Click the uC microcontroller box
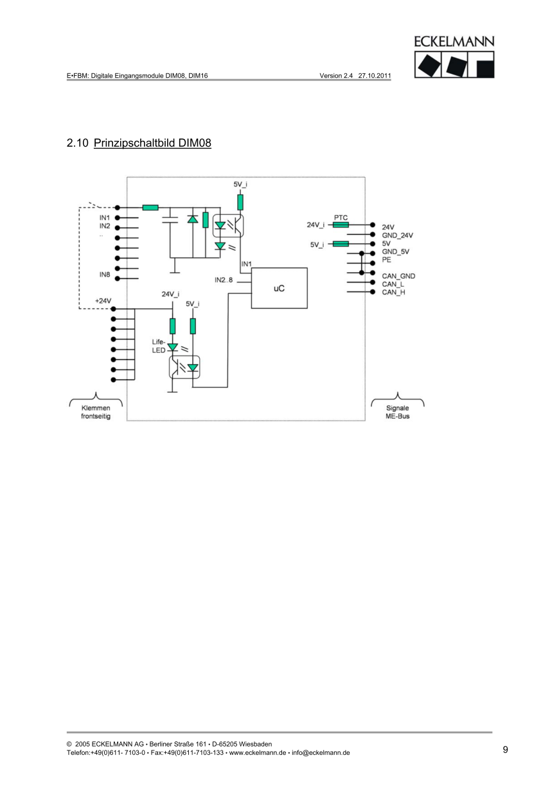pos(279,288)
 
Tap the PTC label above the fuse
pos(341,218)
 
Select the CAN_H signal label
pos(393,293)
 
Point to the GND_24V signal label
pos(398,235)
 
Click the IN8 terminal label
pos(104,275)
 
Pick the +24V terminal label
pos(103,301)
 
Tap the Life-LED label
pos(159,346)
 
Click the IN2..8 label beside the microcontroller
pos(224,280)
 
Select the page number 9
pos(505,749)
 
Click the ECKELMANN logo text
pos(454,41)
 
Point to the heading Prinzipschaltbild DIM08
pos(152,143)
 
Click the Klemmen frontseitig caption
pos(95,412)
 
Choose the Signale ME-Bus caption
pos(397,412)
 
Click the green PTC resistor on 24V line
pos(341,225)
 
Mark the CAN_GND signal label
pos(398,276)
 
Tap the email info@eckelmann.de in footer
pos(322,753)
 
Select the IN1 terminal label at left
pos(104,217)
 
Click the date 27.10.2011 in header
pos(375,75)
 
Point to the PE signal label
pos(387,260)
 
